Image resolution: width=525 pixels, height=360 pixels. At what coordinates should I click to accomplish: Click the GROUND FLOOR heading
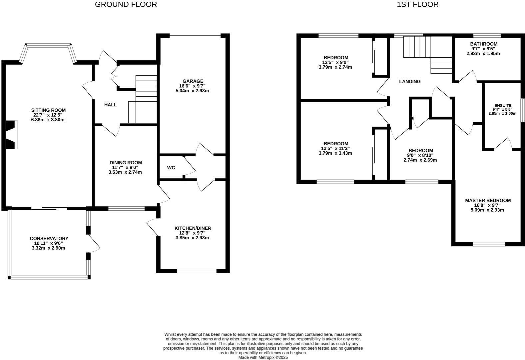pyautogui.click(x=126, y=5)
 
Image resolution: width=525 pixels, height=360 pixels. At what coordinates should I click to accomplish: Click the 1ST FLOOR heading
pyautogui.click(x=417, y=5)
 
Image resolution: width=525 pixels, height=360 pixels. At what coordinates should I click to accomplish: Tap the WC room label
pyautogui.click(x=171, y=168)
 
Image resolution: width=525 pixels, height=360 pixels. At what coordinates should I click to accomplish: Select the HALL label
pyautogui.click(x=110, y=105)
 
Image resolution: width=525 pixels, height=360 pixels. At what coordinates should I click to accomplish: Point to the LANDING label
pyautogui.click(x=410, y=81)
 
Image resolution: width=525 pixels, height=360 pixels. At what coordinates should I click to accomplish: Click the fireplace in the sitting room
pyautogui.click(x=11, y=134)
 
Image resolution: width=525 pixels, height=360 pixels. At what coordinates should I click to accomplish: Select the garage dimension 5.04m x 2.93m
pyautogui.click(x=192, y=91)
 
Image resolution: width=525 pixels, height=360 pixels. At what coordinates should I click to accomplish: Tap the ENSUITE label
pyautogui.click(x=502, y=105)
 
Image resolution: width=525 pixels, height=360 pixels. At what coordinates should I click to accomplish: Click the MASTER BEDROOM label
pyautogui.click(x=488, y=200)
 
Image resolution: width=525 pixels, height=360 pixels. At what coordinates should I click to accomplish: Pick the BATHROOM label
pyautogui.click(x=484, y=44)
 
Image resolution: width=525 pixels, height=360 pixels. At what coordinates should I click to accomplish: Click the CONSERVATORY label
pyautogui.click(x=49, y=238)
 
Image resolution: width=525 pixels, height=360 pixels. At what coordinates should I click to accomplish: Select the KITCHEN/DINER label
pyautogui.click(x=193, y=228)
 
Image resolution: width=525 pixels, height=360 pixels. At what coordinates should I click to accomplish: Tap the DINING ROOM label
pyautogui.click(x=126, y=163)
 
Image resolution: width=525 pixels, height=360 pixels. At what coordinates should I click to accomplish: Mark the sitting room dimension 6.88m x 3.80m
pyautogui.click(x=48, y=120)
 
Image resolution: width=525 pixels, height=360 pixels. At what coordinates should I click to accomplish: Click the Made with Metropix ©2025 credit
pyautogui.click(x=263, y=357)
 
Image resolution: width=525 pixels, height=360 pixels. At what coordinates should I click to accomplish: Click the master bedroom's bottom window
pyautogui.click(x=489, y=244)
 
